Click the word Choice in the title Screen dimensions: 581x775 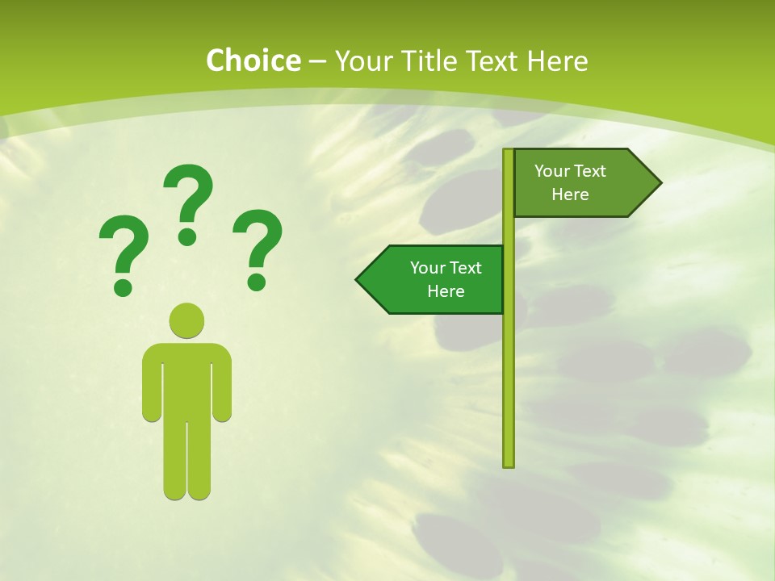pos(253,61)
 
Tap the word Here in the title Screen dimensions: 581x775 pos(557,61)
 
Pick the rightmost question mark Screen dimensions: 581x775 pos(258,246)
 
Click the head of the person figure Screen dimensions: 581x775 pos(186,320)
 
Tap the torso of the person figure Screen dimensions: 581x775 pos(186,379)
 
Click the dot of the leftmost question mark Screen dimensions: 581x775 pos(123,286)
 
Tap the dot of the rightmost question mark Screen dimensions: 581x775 pos(257,281)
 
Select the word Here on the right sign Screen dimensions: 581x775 pos(570,194)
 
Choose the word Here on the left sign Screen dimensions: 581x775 pos(446,291)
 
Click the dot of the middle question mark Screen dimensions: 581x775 pos(187,236)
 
